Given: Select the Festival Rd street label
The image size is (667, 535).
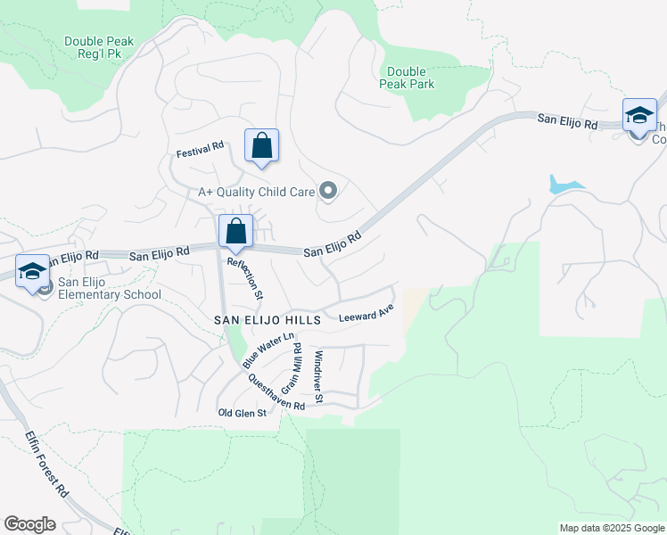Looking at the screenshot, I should point(200,150).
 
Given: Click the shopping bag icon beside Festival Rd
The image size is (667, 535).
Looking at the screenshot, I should point(261,144).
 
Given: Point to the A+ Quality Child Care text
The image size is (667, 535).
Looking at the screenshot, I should point(256,192).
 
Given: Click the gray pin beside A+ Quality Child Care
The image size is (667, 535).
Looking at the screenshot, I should point(329,191).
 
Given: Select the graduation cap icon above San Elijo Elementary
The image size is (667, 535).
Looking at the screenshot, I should point(32,270).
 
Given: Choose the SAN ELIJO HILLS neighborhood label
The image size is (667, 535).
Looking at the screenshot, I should point(259,318).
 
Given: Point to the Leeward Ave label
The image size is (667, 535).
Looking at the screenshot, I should point(366,314).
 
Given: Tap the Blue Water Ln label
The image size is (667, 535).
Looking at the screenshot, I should point(268,350).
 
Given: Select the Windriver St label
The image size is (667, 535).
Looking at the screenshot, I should point(318,372).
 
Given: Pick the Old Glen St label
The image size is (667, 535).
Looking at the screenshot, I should point(243,413).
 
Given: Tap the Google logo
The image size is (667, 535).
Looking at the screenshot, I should point(30,524).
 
